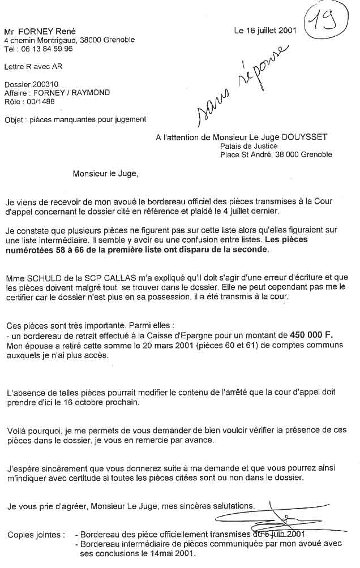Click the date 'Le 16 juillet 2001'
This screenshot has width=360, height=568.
tap(265, 31)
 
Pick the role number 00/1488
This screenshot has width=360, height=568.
tap(41, 101)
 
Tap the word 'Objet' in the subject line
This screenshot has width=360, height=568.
tap(14, 119)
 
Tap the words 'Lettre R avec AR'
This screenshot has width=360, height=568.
tap(33, 67)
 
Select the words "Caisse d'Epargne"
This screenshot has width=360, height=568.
tap(195, 334)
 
